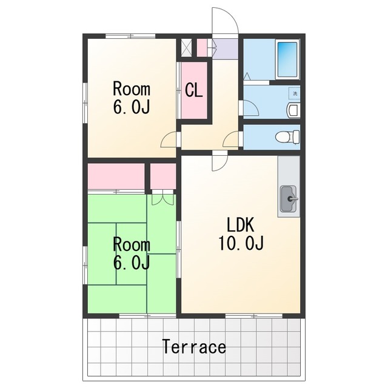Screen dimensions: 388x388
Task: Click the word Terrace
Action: click(194, 347)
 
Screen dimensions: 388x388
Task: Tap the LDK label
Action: click(241, 225)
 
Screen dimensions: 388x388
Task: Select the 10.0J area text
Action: click(241, 243)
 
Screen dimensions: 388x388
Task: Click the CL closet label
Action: click(194, 90)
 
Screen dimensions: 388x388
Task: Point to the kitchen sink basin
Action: click(289, 198)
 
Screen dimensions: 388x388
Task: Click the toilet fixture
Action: click(287, 137)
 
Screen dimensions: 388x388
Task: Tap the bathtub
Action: click(287, 59)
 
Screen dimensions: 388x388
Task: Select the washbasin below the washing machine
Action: click(293, 110)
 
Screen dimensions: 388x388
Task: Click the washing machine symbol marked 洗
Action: click(295, 93)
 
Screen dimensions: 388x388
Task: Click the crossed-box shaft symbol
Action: click(186, 47)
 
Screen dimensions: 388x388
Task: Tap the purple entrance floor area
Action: click(226, 48)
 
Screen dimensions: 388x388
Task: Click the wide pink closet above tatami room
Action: click(116, 176)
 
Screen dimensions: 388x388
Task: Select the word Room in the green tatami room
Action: click(132, 244)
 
